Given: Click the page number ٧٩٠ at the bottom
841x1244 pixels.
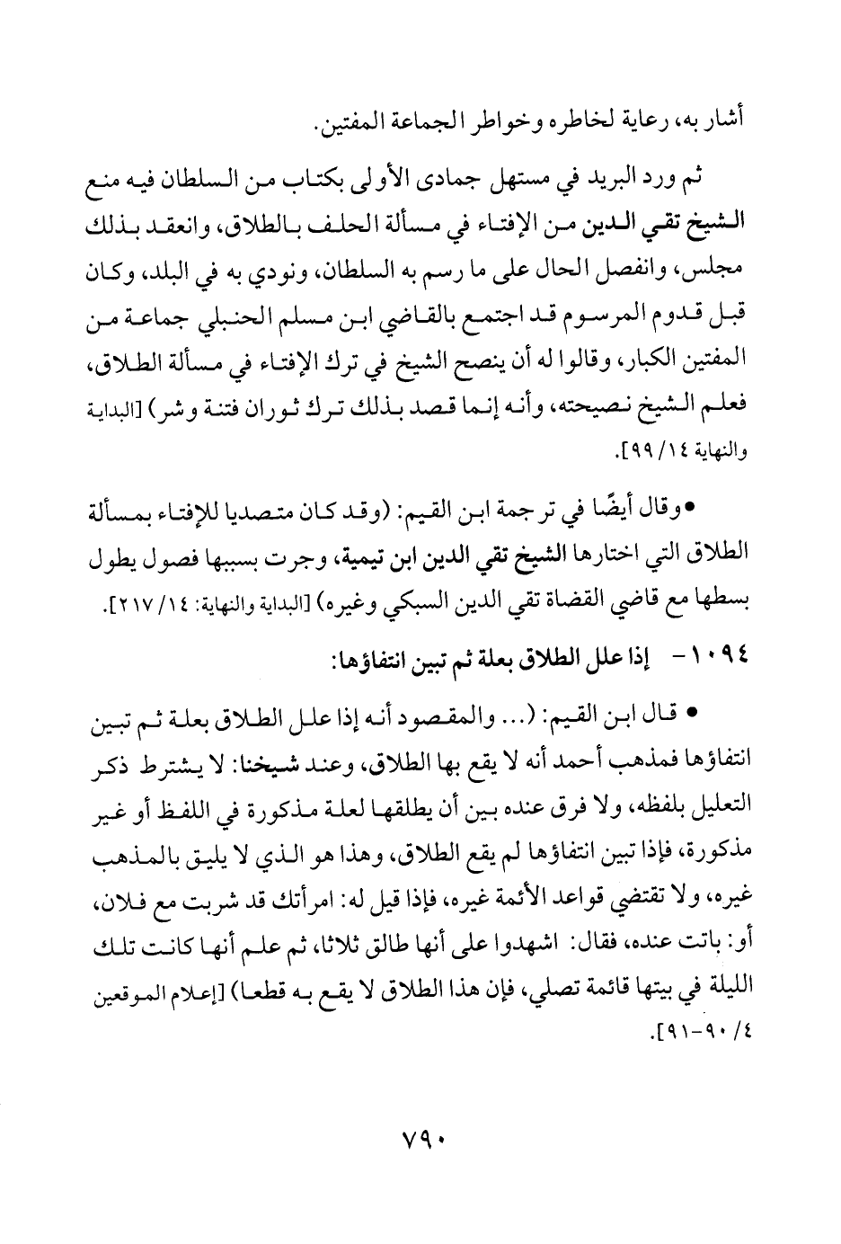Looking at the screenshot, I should [421, 1134].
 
